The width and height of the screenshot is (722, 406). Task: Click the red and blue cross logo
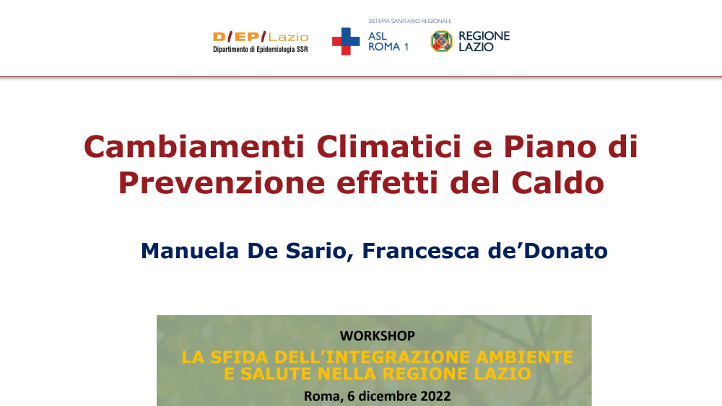click(346, 41)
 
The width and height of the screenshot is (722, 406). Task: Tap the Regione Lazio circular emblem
click(442, 41)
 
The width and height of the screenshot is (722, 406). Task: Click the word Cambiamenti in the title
click(194, 146)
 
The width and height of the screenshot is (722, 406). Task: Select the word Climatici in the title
click(388, 146)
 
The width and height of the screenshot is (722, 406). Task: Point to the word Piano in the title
click(549, 146)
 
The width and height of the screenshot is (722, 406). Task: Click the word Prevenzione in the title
click(222, 183)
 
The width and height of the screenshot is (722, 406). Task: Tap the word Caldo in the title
click(557, 183)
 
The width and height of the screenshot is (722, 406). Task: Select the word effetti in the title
click(387, 183)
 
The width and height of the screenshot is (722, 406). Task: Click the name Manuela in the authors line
click(190, 251)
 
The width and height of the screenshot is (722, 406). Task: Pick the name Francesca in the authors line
click(421, 251)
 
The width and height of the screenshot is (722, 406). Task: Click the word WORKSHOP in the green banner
click(377, 336)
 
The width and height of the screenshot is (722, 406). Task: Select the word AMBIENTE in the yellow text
click(524, 357)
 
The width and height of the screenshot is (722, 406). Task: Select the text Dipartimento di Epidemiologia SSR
click(260, 50)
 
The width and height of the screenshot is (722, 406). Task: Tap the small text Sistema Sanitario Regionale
click(410, 21)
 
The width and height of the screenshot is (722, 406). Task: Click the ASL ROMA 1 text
click(388, 41)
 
